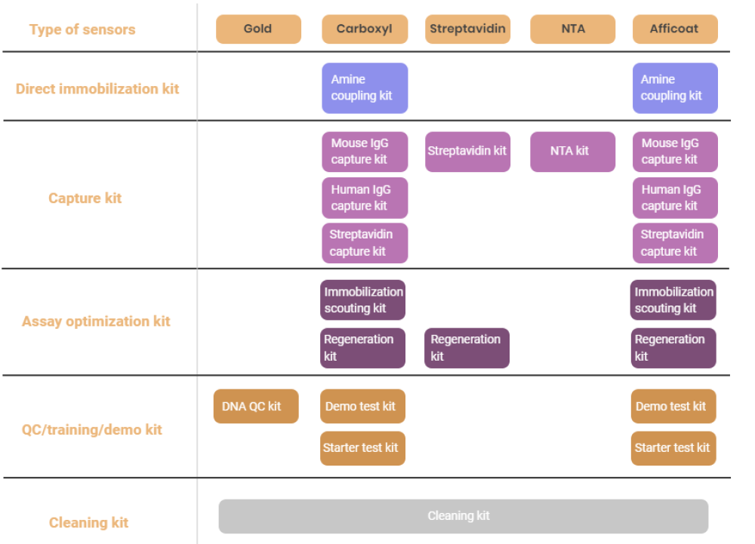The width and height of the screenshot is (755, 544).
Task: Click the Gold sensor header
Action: tap(258, 29)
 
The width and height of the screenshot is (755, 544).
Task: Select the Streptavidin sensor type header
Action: tap(467, 29)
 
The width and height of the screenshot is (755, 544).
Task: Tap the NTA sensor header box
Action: tap(572, 29)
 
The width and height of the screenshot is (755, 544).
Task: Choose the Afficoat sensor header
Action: tap(675, 29)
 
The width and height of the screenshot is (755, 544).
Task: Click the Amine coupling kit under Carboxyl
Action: tap(365, 88)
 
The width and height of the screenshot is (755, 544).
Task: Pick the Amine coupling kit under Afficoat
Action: tap(675, 88)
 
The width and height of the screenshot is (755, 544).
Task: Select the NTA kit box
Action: tap(572, 152)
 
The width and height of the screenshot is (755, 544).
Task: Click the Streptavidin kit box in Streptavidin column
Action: tap(467, 152)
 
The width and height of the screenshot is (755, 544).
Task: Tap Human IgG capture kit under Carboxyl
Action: tap(365, 198)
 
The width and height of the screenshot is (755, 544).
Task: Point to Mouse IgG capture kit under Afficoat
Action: tap(675, 152)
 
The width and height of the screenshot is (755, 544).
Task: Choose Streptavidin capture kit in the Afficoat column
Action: tap(675, 243)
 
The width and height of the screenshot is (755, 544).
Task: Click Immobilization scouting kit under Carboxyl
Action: tap(362, 300)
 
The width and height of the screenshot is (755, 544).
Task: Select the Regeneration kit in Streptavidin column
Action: tap(467, 348)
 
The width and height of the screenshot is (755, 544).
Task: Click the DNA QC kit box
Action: tap(256, 406)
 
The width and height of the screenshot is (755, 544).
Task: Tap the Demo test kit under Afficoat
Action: tap(673, 406)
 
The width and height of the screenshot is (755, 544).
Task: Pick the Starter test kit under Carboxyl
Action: tap(362, 448)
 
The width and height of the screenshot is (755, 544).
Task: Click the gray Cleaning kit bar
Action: tap(464, 516)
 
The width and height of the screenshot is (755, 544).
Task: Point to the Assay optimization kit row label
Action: tap(96, 321)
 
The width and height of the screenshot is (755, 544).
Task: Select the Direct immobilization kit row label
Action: tap(97, 89)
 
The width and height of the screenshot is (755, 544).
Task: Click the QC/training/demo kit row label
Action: tap(92, 429)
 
